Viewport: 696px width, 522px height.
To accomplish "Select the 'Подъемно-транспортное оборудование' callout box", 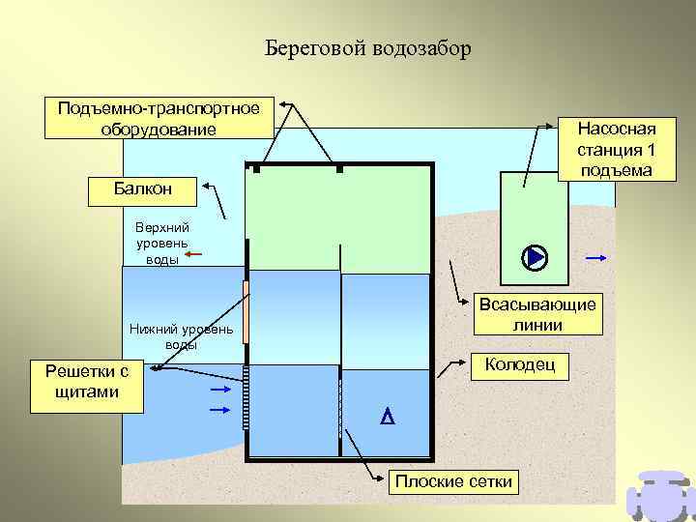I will tap(159, 118).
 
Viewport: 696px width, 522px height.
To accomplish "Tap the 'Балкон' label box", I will tap(142, 190).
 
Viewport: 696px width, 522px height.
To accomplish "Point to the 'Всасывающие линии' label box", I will tap(538, 314).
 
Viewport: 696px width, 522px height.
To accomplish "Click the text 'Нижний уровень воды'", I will tap(181, 336).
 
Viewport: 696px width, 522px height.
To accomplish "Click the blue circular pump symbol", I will tap(534, 257).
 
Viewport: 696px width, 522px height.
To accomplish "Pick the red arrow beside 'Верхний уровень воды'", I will tap(191, 255).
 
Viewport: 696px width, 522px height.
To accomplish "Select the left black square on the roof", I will tap(256, 169).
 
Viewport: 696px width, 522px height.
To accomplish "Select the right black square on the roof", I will tap(339, 169).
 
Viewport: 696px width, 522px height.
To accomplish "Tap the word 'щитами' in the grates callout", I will tap(87, 391).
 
